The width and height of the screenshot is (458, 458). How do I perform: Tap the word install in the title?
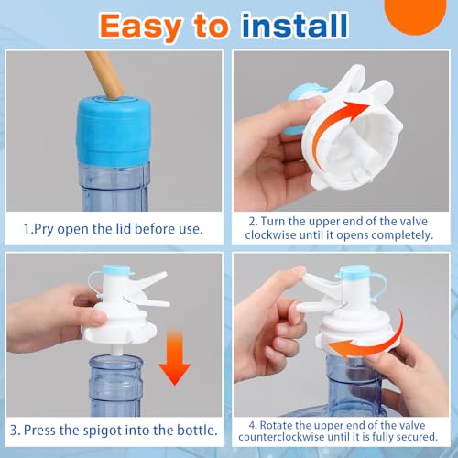point(295,25)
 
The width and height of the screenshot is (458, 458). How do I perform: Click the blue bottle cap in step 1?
point(114,130)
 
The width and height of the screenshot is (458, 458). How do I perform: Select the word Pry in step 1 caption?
point(43,229)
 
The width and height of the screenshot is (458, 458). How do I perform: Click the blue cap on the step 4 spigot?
point(354,271)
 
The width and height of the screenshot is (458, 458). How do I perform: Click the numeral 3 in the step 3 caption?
point(15,431)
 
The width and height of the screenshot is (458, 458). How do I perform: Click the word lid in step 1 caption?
point(124,228)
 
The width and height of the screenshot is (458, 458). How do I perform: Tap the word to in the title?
point(212,27)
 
